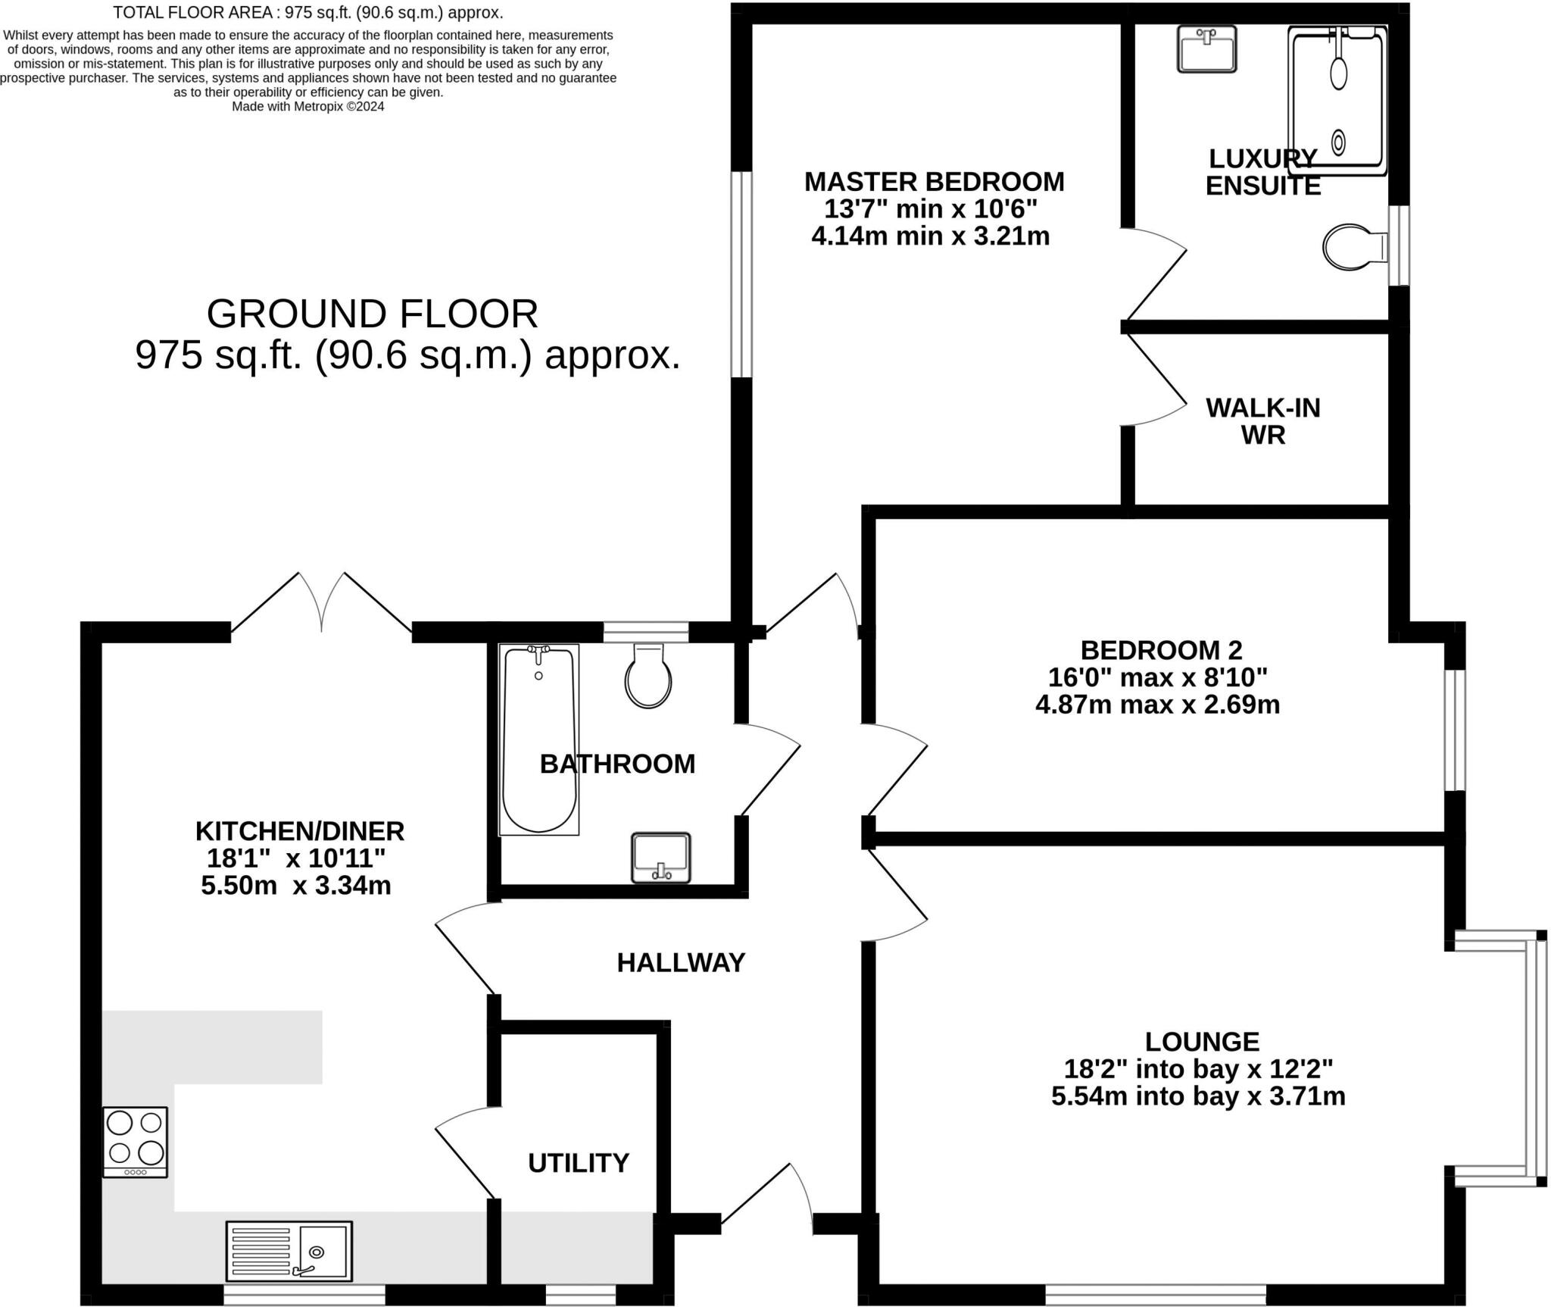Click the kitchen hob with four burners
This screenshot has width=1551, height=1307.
(x=135, y=1142)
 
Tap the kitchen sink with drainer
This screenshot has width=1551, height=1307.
(x=289, y=1250)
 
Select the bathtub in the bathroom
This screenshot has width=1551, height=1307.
(x=538, y=739)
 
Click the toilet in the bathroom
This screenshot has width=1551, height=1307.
(x=648, y=675)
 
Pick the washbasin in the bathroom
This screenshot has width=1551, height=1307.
(x=661, y=858)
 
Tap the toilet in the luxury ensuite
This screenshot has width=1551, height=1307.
(x=1356, y=246)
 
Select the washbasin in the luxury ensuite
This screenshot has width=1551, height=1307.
(x=1206, y=48)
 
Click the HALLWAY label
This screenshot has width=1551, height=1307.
(x=681, y=962)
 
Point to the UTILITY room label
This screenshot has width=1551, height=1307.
(x=579, y=1162)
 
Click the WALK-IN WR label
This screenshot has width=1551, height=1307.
(x=1263, y=421)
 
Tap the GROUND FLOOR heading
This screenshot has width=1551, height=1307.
(x=372, y=314)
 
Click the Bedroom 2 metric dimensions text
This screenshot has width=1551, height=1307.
(x=1157, y=705)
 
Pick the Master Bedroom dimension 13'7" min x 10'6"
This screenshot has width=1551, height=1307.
(x=931, y=208)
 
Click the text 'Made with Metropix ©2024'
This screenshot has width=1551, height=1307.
(x=308, y=107)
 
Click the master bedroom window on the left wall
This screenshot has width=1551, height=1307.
(x=741, y=274)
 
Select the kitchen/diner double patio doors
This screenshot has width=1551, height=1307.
(x=322, y=602)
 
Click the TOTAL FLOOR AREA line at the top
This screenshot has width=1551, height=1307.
(x=308, y=13)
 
